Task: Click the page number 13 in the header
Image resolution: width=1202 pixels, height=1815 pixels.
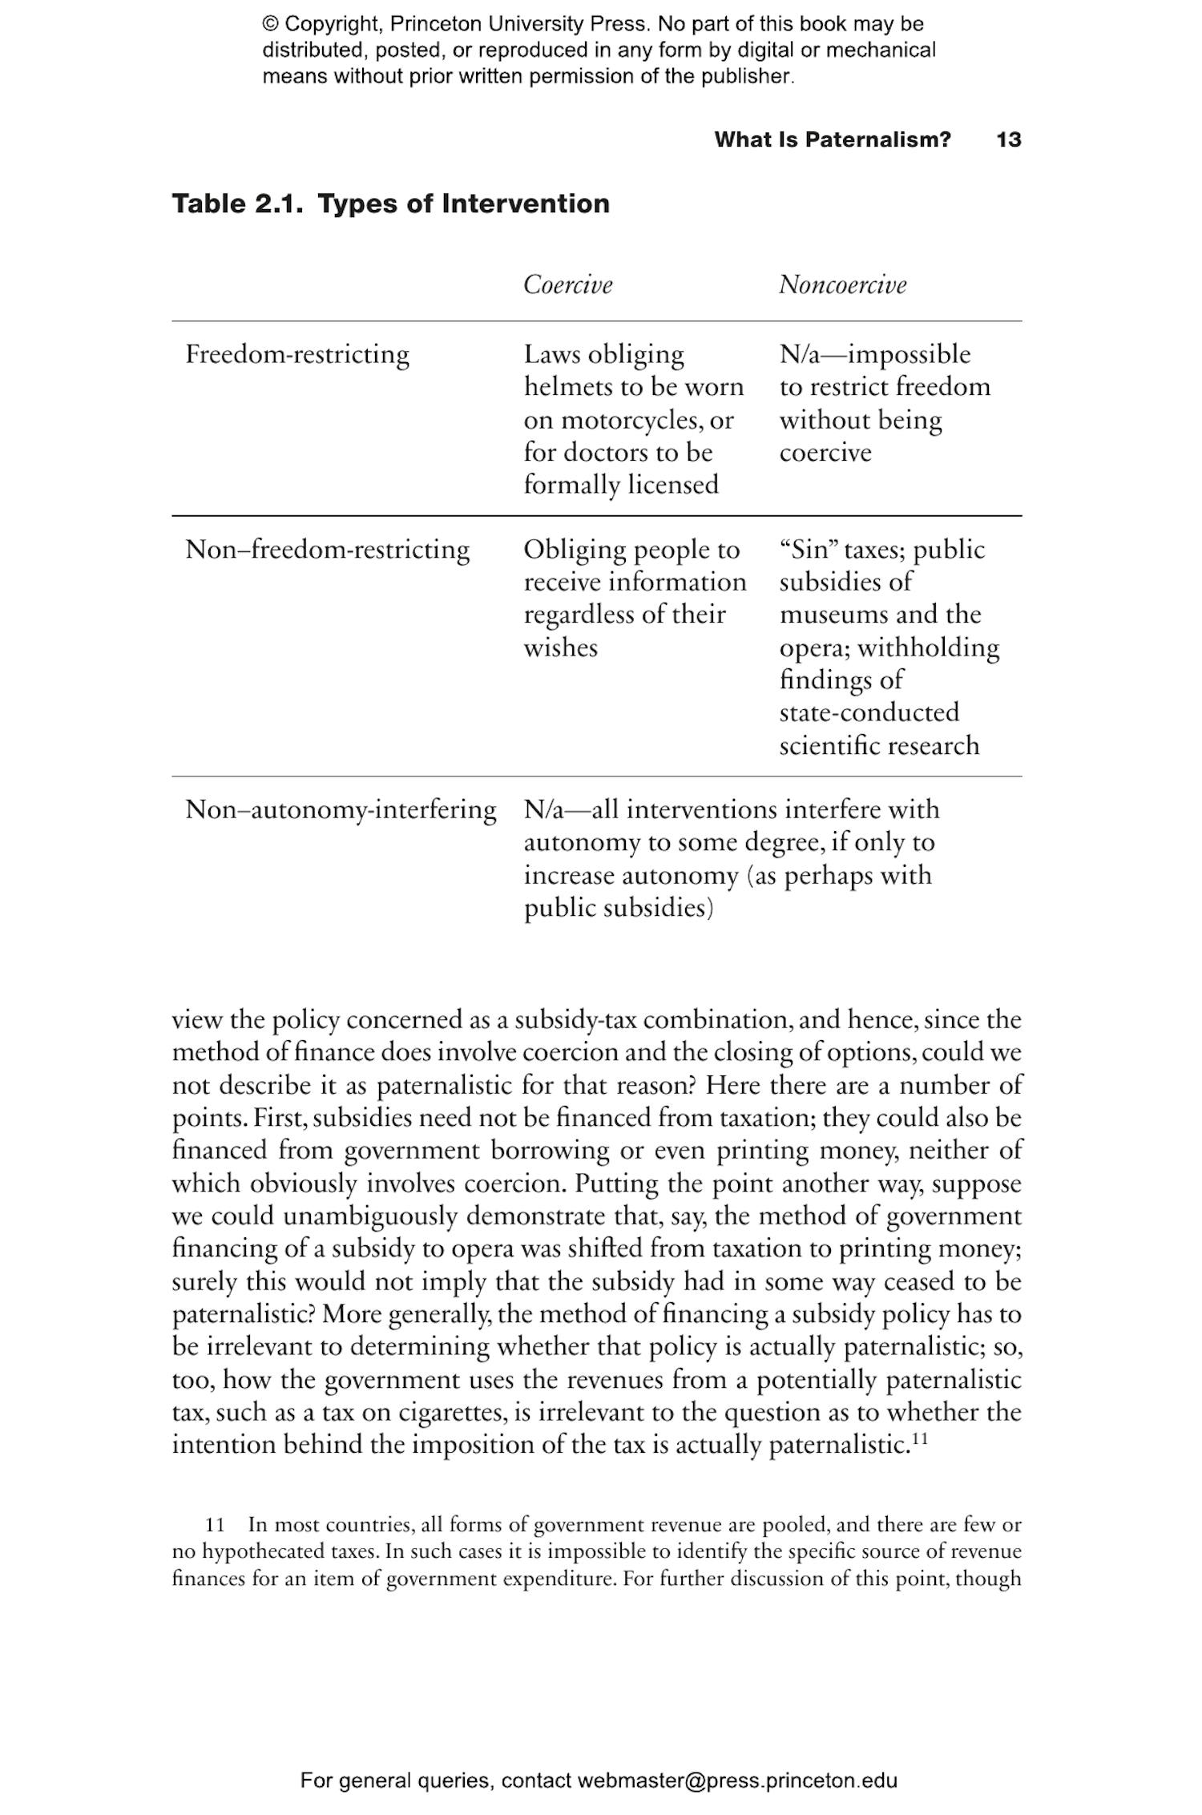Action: pyautogui.click(x=1008, y=139)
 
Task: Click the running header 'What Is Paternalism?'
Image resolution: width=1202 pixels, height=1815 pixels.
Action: pyautogui.click(x=832, y=139)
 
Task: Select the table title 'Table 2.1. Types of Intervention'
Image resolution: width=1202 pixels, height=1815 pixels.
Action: pyautogui.click(x=391, y=204)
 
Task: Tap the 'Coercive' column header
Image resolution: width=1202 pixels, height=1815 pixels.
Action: pyautogui.click(x=567, y=284)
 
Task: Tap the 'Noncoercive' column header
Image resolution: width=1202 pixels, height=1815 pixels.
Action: pyautogui.click(x=842, y=284)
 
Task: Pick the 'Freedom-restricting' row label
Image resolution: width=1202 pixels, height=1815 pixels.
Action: pyautogui.click(x=297, y=354)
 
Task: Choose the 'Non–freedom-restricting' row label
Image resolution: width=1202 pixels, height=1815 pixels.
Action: pyautogui.click(x=327, y=550)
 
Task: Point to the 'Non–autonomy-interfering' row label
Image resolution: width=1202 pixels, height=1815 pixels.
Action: pyautogui.click(x=341, y=809)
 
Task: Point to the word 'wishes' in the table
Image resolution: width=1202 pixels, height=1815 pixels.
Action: pyautogui.click(x=560, y=647)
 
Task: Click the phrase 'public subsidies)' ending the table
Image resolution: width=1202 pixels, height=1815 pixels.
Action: pyautogui.click(x=618, y=908)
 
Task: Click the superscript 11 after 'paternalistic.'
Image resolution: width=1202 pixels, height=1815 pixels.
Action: pyautogui.click(x=920, y=1438)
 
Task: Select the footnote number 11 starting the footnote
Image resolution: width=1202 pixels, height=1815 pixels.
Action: pyautogui.click(x=216, y=1524)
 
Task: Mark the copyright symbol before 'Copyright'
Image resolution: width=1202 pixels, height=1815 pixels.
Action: pyautogui.click(x=270, y=25)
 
